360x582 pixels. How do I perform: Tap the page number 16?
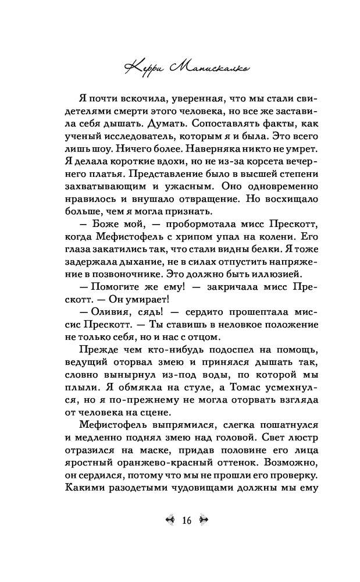(186, 520)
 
